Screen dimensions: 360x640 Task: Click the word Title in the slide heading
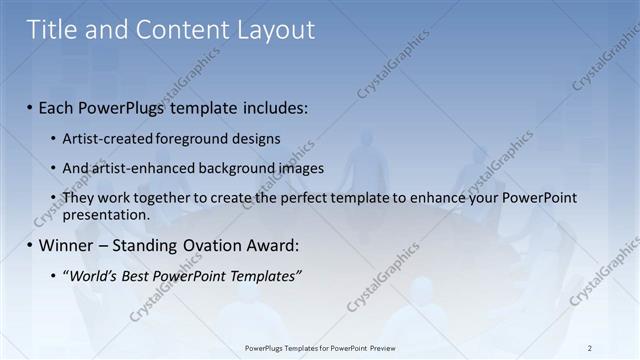pyautogui.click(x=52, y=29)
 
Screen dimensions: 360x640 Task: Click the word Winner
pyautogui.click(x=66, y=245)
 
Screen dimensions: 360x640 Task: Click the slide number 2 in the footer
pyautogui.click(x=590, y=348)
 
